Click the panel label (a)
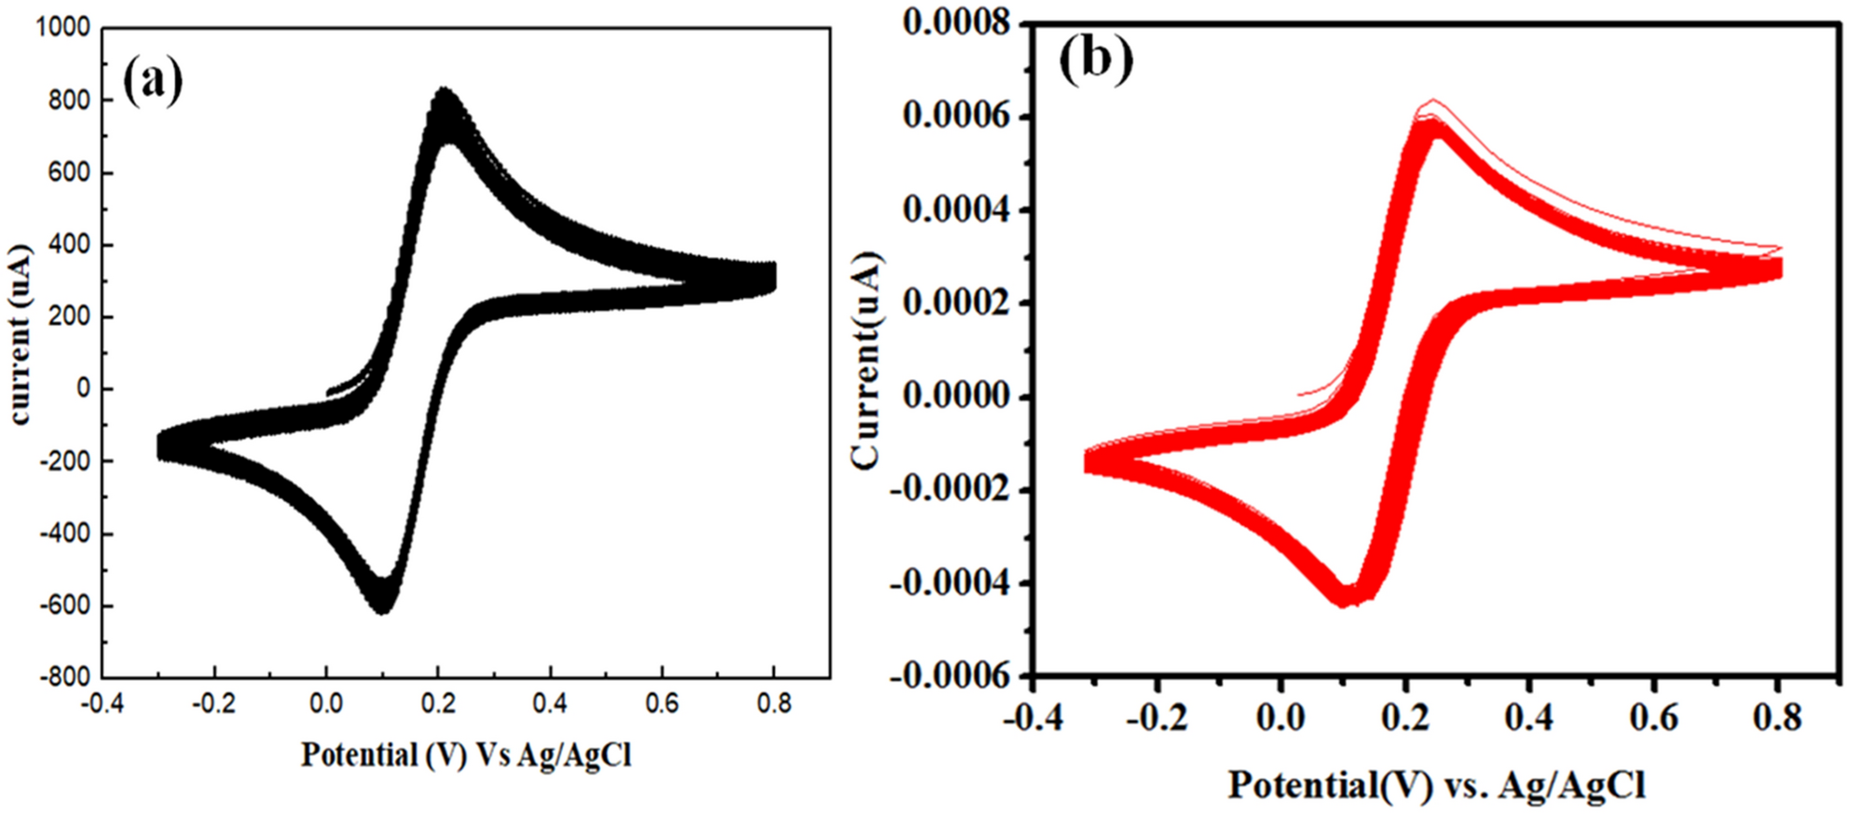coord(153,80)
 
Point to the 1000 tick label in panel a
coord(63,28)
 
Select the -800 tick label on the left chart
coord(63,677)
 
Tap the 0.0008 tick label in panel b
coord(956,22)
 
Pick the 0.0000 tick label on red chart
coord(956,396)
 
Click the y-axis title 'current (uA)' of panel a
coord(21,335)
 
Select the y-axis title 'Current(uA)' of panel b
coord(867,360)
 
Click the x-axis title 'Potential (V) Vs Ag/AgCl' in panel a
coord(466,754)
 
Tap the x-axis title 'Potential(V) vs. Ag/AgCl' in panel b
coord(1436,785)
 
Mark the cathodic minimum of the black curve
coord(382,610)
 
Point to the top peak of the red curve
coord(1432,101)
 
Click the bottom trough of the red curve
coord(1345,603)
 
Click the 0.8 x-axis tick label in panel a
coord(773,703)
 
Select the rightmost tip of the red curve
coord(1780,268)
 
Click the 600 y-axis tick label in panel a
coord(70,173)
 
